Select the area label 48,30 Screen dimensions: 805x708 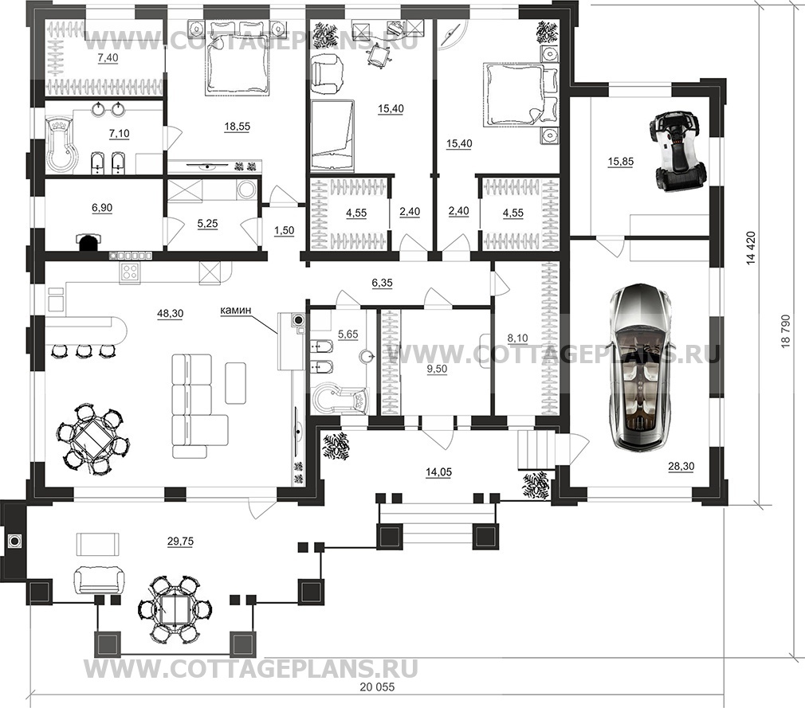(170, 314)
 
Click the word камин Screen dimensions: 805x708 (236, 311)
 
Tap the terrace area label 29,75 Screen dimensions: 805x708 (180, 542)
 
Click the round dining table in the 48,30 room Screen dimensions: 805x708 (93, 439)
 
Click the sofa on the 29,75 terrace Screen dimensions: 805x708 (99, 581)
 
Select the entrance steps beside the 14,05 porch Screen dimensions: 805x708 (536, 449)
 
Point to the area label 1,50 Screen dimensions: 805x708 (284, 231)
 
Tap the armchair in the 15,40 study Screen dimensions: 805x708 (327, 74)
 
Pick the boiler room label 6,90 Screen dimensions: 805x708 (101, 209)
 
